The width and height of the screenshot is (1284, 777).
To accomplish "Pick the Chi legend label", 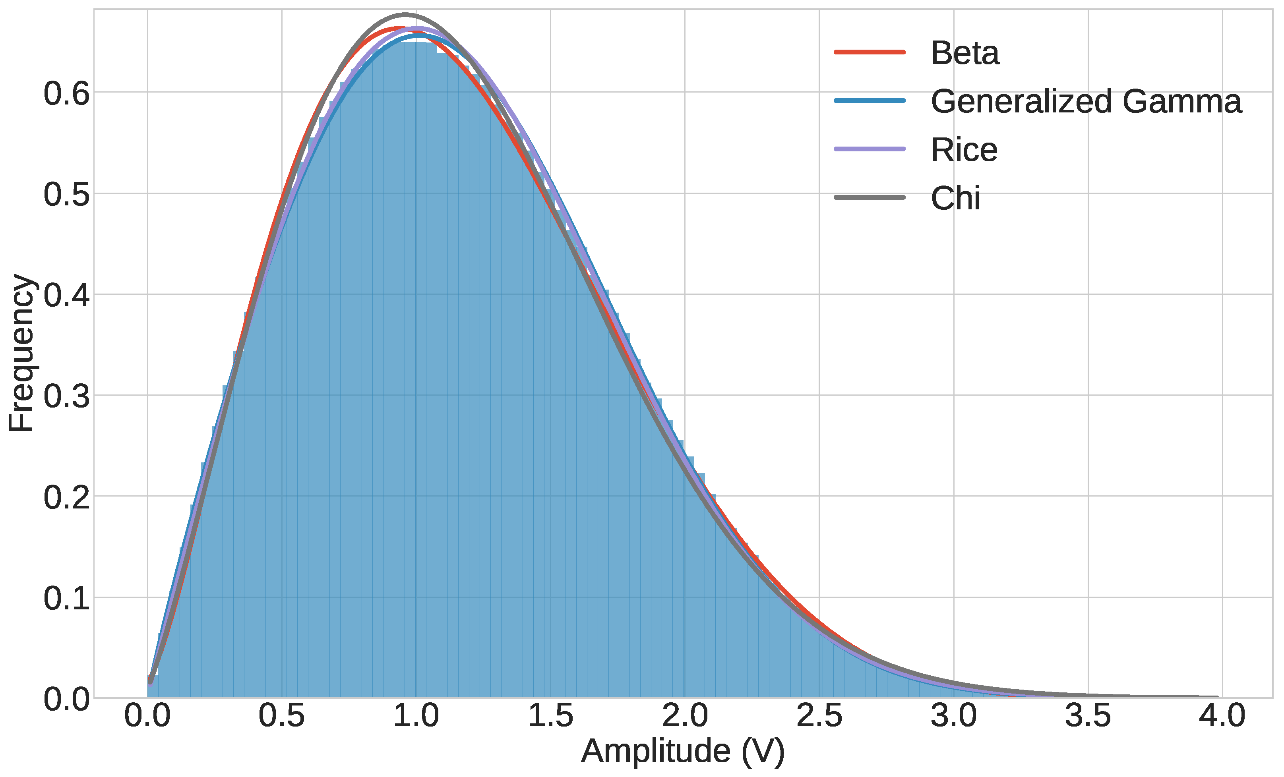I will point(955,198).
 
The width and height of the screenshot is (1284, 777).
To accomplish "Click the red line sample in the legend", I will point(869,52).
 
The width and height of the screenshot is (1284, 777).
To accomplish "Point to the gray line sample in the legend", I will point(869,197).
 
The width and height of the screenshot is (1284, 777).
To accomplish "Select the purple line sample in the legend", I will point(869,149).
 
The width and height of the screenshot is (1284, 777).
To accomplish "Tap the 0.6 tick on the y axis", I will point(66,94).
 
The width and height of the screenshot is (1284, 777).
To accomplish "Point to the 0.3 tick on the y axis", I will point(66,396).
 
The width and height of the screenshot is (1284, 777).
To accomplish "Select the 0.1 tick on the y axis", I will point(66,598).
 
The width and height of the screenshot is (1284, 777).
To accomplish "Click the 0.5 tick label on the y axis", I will point(66,195).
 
